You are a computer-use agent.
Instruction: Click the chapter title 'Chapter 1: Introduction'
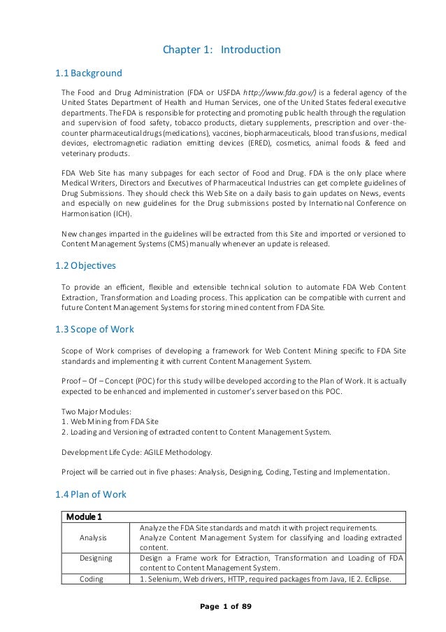(222, 50)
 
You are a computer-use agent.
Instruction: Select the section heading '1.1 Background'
(88, 73)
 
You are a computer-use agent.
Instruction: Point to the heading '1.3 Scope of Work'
(94, 329)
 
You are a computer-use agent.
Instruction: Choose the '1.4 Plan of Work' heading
(90, 494)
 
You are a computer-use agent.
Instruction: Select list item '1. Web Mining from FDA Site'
(110, 422)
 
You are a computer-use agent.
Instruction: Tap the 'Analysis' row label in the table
(93, 538)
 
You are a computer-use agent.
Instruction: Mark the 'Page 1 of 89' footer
(222, 605)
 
